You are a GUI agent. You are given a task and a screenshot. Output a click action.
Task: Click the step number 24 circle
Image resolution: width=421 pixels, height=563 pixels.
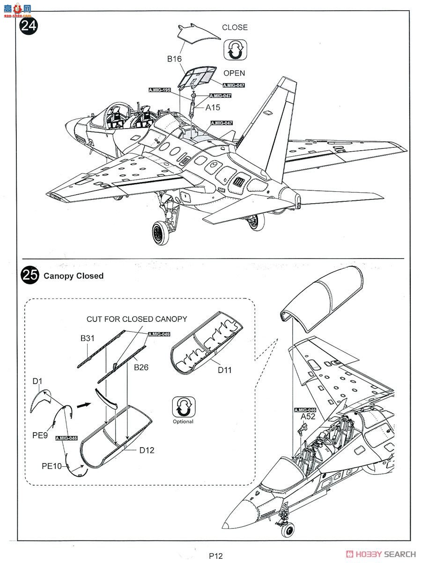[x=29, y=25]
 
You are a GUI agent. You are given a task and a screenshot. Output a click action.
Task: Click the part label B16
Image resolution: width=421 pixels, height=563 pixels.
[x=175, y=59]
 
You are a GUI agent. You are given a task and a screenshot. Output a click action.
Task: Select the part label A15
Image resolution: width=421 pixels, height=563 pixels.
[x=214, y=107]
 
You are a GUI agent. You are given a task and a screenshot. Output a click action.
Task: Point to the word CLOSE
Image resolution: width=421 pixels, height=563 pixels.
[x=235, y=27]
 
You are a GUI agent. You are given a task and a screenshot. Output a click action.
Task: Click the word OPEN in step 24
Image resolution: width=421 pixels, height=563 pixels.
[x=234, y=73]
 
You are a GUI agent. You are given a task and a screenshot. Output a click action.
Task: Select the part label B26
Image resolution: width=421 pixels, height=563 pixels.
[x=141, y=367]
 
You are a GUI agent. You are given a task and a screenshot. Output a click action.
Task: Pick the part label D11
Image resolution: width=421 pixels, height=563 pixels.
[x=224, y=370]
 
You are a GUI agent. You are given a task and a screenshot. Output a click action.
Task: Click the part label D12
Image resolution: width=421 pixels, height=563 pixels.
[x=147, y=450]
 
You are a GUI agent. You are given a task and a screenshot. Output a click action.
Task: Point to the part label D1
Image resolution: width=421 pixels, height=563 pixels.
[x=38, y=381]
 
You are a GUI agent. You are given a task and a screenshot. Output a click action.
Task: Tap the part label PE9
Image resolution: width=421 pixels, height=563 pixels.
[x=40, y=435]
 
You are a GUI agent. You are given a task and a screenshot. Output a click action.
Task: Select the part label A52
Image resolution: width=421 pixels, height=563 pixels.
[x=308, y=416]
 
